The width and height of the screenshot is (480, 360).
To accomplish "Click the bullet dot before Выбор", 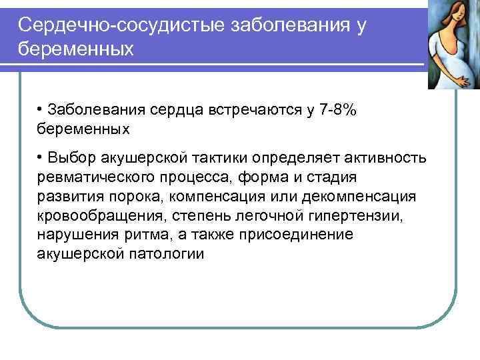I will [41, 157].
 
